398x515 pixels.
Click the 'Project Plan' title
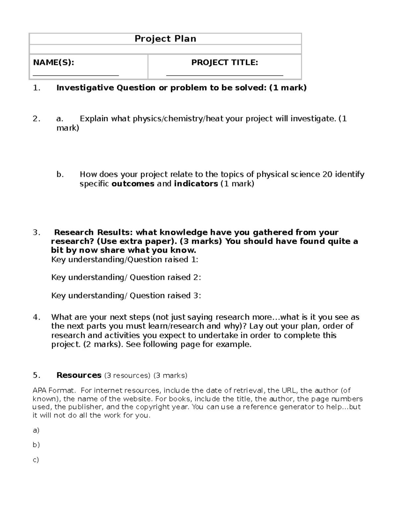165,39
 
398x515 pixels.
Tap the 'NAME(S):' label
53,62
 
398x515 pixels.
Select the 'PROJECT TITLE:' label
225,62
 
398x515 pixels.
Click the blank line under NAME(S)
76,75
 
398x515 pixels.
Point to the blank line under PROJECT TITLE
225,75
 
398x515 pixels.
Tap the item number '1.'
36,88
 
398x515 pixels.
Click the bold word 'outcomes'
133,184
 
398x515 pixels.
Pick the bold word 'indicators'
196,184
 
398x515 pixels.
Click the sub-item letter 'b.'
60,174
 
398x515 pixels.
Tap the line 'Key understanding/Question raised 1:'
125,259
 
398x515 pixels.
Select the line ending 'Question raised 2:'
126,277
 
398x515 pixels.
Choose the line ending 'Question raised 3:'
126,295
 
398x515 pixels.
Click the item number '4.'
36,317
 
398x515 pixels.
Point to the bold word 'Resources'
79,375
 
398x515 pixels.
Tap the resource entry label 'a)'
36,430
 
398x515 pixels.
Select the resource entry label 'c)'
36,460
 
